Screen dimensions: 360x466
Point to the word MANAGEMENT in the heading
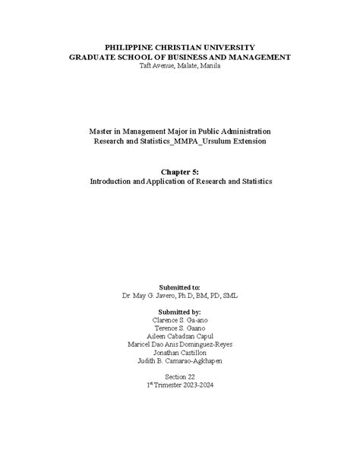pyautogui.click(x=260, y=57)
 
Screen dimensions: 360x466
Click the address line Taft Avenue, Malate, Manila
pyautogui.click(x=180, y=66)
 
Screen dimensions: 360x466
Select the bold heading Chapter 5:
pyautogui.click(x=180, y=173)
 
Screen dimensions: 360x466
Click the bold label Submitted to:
pyautogui.click(x=180, y=287)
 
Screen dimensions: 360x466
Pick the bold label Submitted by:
pyautogui.click(x=180, y=312)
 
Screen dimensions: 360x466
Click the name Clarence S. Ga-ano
pyautogui.click(x=180, y=322)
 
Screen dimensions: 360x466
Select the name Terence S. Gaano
pyautogui.click(x=180, y=331)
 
